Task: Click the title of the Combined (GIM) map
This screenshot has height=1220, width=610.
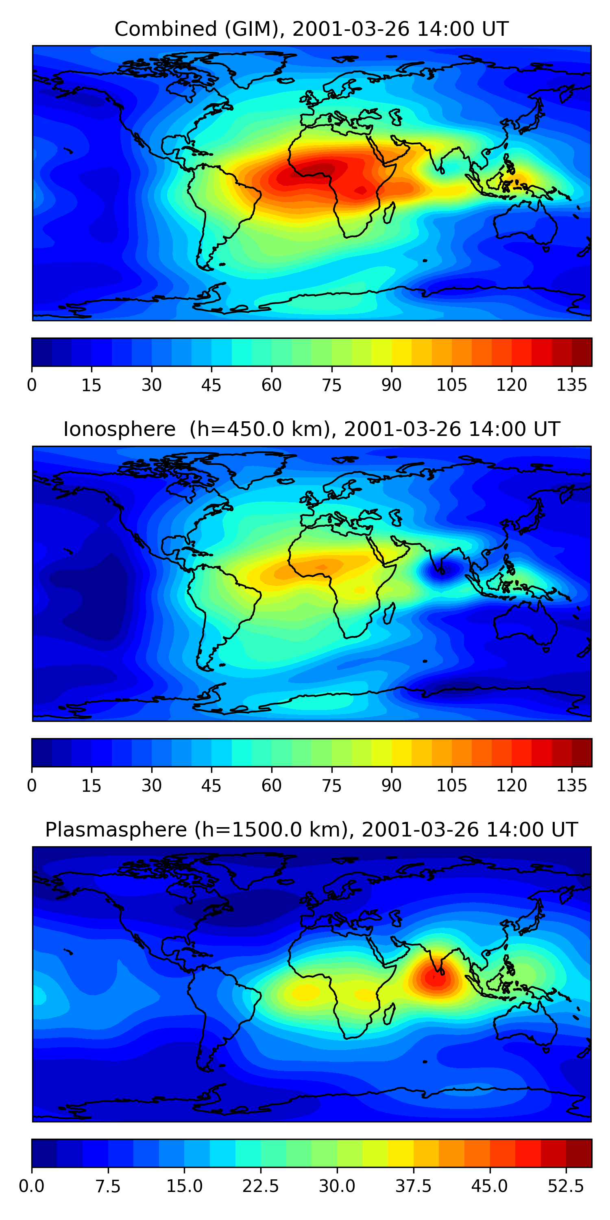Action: pyautogui.click(x=311, y=29)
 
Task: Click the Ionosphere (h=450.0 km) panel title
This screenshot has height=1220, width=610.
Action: pyautogui.click(x=311, y=429)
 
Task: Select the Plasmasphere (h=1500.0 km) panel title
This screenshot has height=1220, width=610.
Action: pyautogui.click(x=311, y=829)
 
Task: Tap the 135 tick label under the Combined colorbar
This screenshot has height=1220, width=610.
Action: pyautogui.click(x=572, y=385)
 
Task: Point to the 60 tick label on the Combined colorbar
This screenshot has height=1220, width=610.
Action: pyautogui.click(x=271, y=385)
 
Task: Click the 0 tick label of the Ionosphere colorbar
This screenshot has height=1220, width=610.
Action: pyautogui.click(x=32, y=785)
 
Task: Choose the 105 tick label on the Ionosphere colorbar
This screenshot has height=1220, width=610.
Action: pyautogui.click(x=451, y=785)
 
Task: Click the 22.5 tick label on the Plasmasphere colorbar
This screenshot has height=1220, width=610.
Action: pyautogui.click(x=261, y=1186)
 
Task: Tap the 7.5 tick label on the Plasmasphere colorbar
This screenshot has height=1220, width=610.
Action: pyautogui.click(x=108, y=1186)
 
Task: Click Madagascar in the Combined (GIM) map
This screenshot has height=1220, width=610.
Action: pyautogui.click(x=389, y=213)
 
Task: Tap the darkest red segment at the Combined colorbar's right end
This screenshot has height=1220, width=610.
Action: pyautogui.click(x=582, y=352)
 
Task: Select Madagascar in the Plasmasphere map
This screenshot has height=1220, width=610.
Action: pyautogui.click(x=389, y=1013)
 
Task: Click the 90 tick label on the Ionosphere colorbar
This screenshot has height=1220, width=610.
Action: pyautogui.click(x=391, y=785)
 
